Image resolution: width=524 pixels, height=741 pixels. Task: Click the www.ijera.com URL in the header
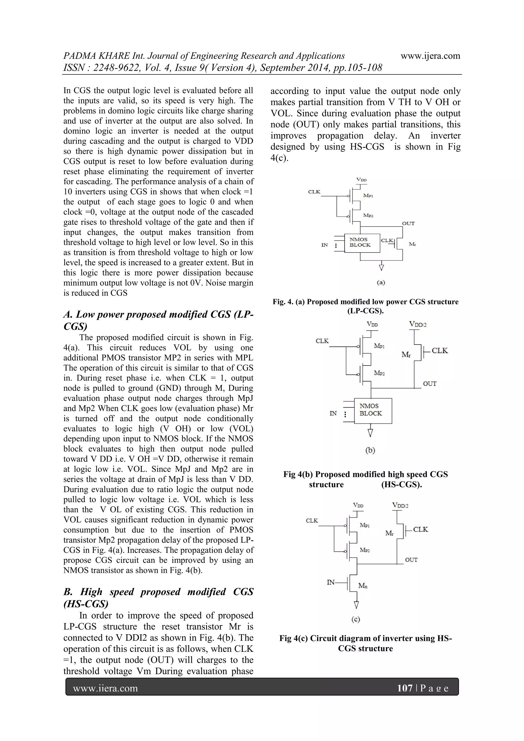click(430, 56)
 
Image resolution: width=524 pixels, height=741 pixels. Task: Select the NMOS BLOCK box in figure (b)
click(373, 410)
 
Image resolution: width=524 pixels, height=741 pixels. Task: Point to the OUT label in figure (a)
click(408, 223)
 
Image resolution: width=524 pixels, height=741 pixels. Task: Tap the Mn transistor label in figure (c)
click(363, 585)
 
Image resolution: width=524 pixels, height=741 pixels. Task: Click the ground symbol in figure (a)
click(381, 267)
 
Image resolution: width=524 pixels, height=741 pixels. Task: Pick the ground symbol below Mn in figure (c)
click(356, 604)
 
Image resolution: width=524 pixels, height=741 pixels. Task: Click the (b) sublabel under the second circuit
click(370, 450)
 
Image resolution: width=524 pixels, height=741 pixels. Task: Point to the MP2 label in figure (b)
click(379, 373)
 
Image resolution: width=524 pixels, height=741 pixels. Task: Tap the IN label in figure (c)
click(331, 582)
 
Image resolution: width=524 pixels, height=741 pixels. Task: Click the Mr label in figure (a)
click(412, 244)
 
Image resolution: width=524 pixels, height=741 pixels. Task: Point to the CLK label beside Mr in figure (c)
click(420, 530)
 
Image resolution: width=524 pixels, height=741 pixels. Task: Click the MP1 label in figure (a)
click(368, 195)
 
